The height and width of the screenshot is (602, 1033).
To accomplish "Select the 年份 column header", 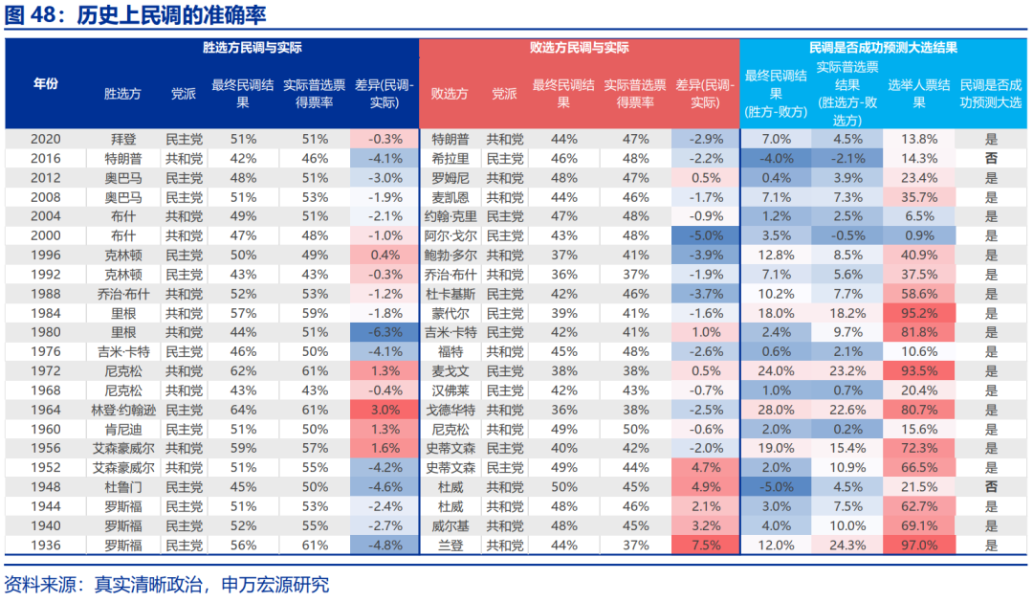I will tap(46, 84).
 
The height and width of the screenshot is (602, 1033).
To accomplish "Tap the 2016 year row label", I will tap(46, 158).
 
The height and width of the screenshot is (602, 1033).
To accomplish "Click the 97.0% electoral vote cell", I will tap(919, 546).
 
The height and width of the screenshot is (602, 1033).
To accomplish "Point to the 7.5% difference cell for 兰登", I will tap(705, 546).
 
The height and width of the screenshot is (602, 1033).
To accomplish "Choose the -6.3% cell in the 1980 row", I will tap(385, 332).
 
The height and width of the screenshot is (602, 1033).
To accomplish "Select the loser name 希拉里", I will tap(450, 158).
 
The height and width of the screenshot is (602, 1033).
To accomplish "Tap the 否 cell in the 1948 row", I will tap(991, 487).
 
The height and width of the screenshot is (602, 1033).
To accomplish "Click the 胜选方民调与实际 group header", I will tap(253, 47).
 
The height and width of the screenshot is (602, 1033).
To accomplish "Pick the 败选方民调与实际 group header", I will tap(579, 47).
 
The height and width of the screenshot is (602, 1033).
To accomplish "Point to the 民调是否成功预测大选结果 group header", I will tap(883, 47).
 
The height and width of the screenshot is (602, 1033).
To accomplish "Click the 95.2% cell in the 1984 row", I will tap(919, 313).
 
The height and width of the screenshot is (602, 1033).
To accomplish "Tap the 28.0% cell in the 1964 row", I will tap(777, 410).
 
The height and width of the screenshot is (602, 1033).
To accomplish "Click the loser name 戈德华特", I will tap(450, 410).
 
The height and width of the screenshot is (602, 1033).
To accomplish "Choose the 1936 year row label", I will tap(46, 546).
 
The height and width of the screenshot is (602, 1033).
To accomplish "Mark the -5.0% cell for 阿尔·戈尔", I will tap(705, 235).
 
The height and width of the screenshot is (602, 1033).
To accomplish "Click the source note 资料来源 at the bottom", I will tap(166, 585).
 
